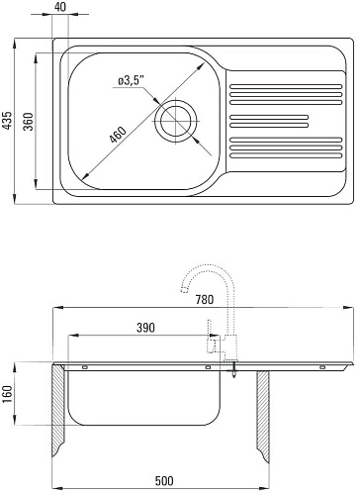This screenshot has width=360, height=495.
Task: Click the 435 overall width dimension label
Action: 8,120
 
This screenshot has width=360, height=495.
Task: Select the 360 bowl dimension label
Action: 29,122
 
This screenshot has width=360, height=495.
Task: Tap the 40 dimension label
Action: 60,7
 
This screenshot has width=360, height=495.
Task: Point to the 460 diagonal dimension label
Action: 118,135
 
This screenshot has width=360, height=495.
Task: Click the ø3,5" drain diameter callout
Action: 132,80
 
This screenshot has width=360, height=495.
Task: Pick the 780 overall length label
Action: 205,300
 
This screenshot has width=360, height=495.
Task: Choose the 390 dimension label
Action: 145,328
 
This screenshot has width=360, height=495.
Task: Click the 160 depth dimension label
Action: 7,394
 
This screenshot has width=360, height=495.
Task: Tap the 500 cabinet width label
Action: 164,481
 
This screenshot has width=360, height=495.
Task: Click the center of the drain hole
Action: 176,121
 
